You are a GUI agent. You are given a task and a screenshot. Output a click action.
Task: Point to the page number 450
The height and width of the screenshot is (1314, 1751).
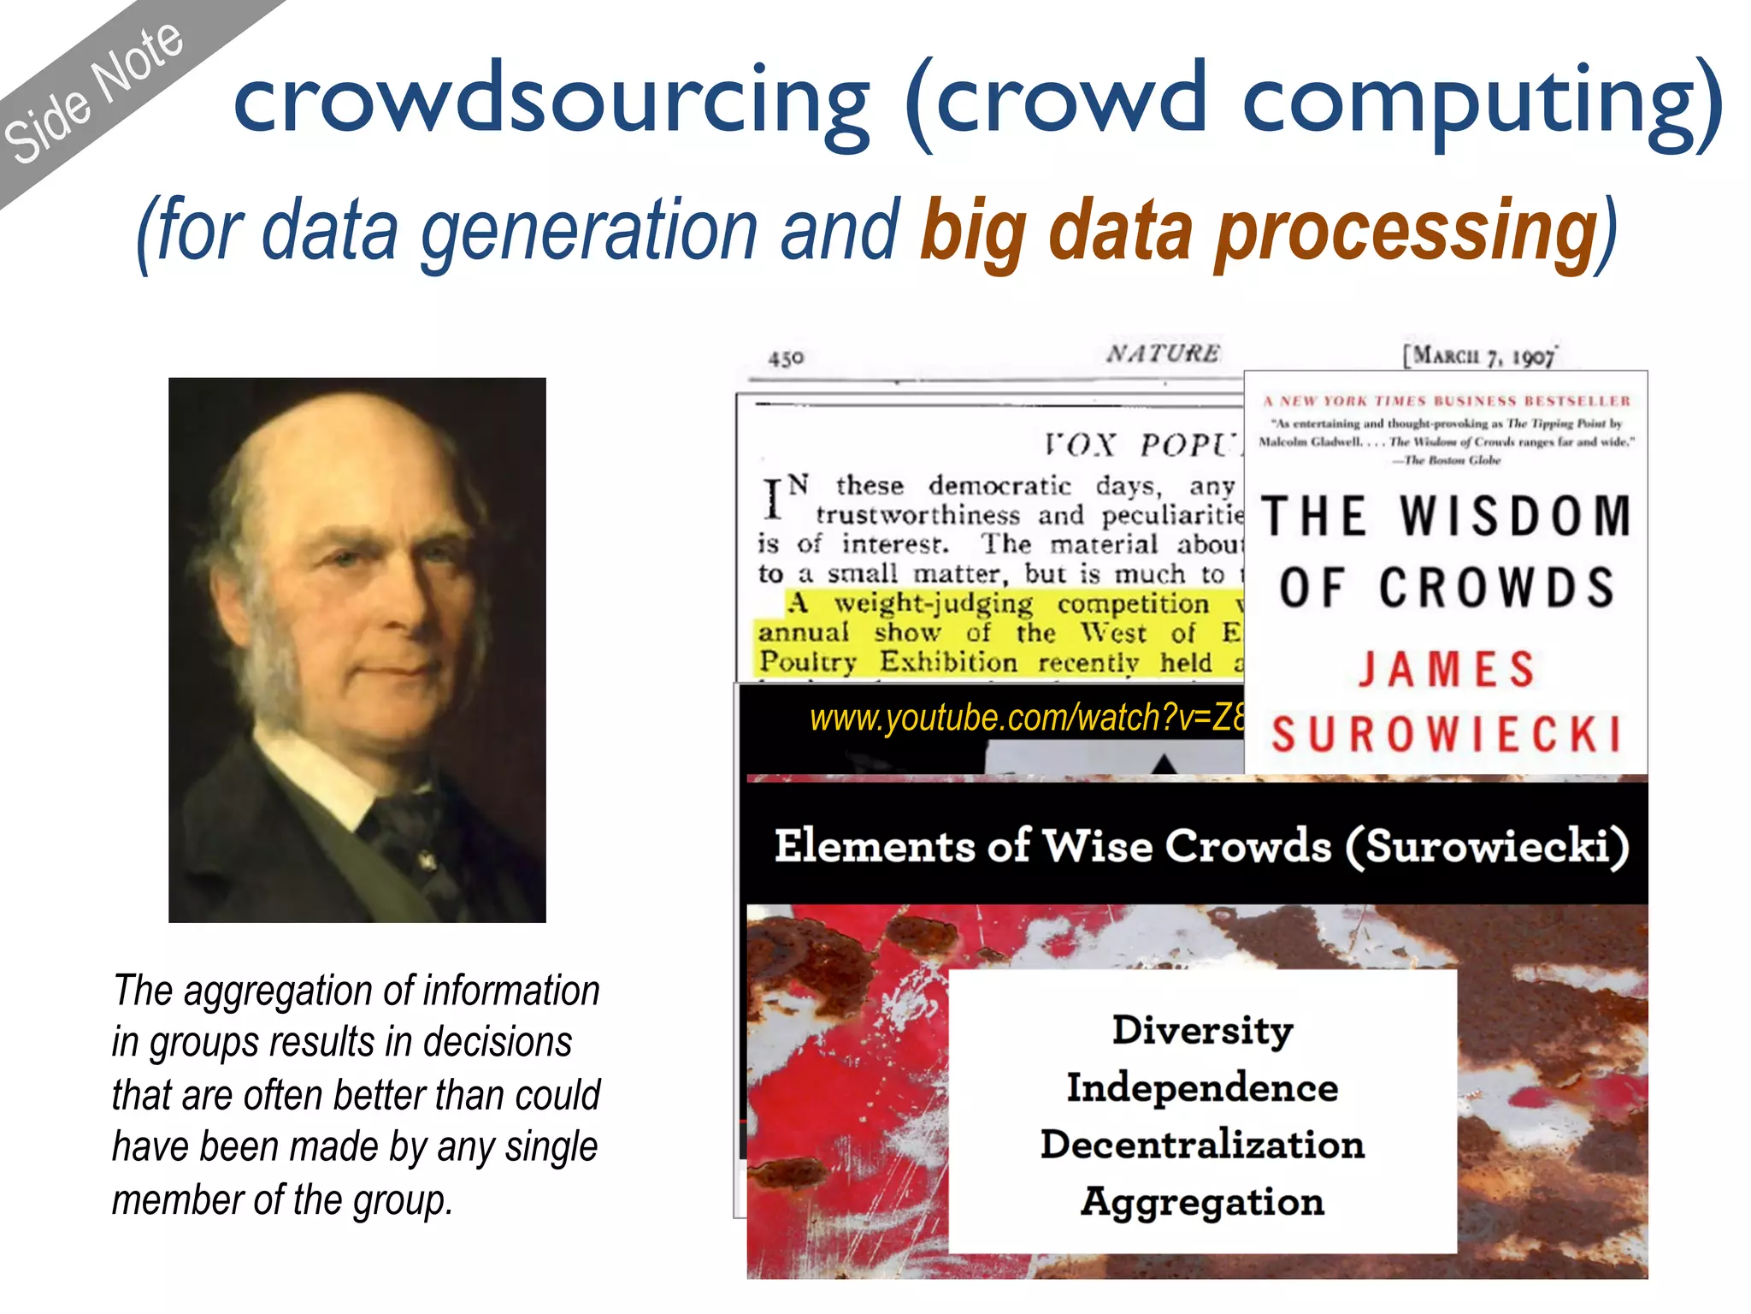pyautogui.click(x=786, y=358)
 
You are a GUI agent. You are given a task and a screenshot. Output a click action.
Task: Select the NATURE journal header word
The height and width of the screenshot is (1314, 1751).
pyautogui.click(x=1163, y=353)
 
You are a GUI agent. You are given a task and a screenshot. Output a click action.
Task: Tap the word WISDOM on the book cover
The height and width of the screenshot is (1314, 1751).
pyautogui.click(x=1515, y=517)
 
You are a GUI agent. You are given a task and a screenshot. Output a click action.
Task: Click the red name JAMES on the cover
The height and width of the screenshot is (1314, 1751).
pyautogui.click(x=1447, y=669)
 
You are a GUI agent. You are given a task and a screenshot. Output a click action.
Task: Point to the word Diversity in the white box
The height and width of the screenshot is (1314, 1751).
pyautogui.click(x=1202, y=1030)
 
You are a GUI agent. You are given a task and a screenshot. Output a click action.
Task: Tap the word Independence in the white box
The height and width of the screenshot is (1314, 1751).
pyautogui.click(x=1202, y=1088)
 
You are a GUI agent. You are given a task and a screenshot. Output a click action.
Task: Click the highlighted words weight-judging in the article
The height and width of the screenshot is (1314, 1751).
pyautogui.click(x=934, y=604)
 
